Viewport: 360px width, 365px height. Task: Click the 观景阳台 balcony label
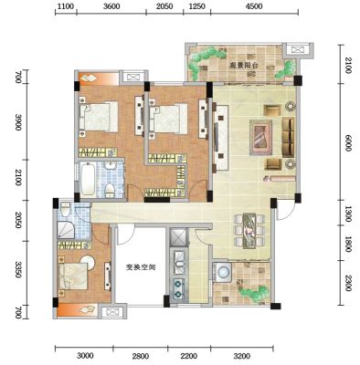click(x=243, y=65)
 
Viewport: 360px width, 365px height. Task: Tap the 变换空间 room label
click(x=141, y=267)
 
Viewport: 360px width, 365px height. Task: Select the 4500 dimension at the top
click(x=254, y=6)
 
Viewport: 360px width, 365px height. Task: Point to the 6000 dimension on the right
click(x=348, y=142)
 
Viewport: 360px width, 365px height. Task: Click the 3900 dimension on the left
click(x=18, y=122)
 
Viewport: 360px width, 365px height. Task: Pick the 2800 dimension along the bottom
click(x=141, y=356)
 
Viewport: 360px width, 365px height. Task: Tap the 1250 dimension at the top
click(x=197, y=6)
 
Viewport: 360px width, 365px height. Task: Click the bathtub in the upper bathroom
click(x=88, y=180)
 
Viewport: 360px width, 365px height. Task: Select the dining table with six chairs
click(x=249, y=230)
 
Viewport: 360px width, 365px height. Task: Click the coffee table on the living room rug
click(x=260, y=137)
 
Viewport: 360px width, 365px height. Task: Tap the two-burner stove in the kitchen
click(x=178, y=288)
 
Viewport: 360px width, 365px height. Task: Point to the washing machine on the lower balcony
click(x=224, y=271)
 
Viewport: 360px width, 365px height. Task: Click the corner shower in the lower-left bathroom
click(x=66, y=230)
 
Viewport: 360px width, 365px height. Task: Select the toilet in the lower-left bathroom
click(x=65, y=209)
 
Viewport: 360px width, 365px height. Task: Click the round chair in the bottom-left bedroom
click(x=88, y=262)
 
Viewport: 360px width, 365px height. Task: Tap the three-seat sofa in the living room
click(x=288, y=138)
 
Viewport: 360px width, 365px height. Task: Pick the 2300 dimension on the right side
click(x=348, y=283)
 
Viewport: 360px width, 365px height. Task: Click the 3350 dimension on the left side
click(x=18, y=269)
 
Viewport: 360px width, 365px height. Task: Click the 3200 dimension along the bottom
click(x=243, y=356)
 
